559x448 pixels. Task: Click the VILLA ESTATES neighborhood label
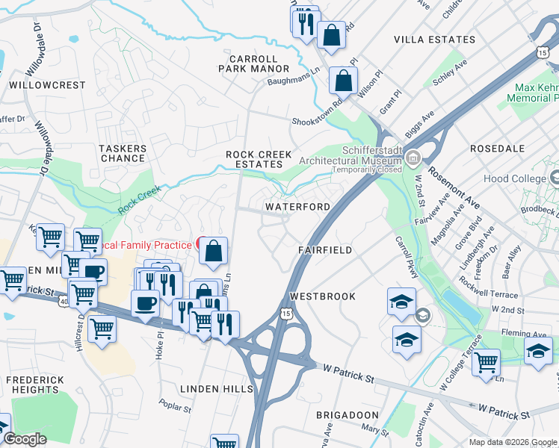[434, 40]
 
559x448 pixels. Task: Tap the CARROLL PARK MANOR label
[253, 63]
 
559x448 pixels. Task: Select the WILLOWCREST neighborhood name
[48, 85]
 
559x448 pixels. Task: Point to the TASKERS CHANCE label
[123, 154]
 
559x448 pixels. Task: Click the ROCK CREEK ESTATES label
[259, 159]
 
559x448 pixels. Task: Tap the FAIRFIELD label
[324, 250]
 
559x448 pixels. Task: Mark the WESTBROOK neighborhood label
[323, 296]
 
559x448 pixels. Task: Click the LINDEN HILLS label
[210, 389]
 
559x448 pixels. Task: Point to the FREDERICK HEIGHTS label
[35, 385]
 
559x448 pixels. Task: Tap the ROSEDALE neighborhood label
[498, 149]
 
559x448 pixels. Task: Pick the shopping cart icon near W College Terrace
[486, 363]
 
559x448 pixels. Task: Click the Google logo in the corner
[25, 439]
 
